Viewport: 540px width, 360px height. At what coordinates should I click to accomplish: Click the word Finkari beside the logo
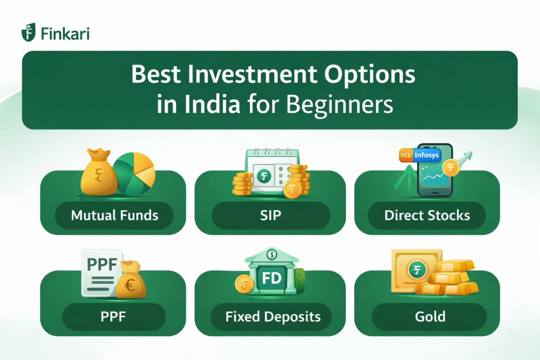64,33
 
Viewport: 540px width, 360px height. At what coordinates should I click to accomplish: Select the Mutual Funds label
114,216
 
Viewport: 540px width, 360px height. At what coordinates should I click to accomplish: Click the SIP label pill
271,216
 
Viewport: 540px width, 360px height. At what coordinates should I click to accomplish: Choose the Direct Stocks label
427,216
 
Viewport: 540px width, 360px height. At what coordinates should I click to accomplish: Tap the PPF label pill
114,317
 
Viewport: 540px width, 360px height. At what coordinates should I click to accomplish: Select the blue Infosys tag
426,155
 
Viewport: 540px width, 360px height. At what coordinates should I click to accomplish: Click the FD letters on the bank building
271,278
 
